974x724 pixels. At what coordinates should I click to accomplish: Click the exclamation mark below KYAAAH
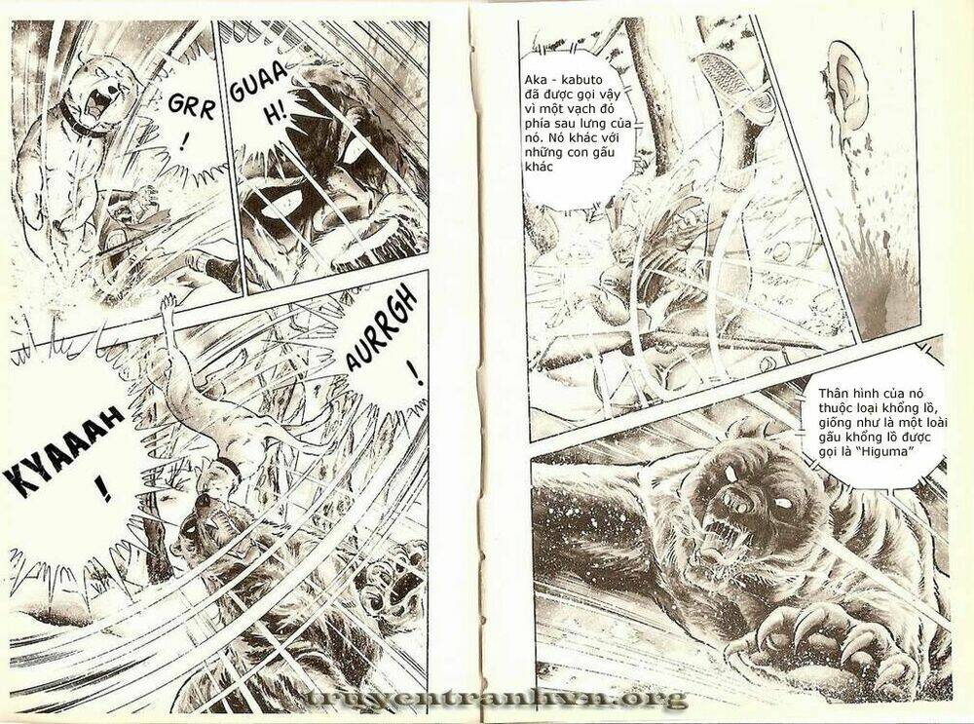pos(104,488)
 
